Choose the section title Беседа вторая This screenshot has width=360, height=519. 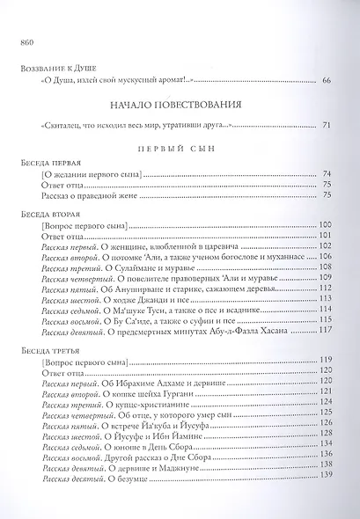(49, 214)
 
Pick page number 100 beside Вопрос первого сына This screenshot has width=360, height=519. (328, 226)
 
